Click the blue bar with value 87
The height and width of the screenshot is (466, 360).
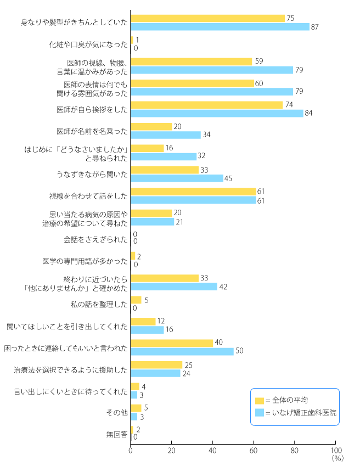220,26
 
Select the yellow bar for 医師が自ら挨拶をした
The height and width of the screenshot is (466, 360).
207,105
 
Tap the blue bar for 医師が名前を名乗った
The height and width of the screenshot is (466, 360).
166,134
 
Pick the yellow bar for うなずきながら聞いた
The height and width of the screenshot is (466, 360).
165,170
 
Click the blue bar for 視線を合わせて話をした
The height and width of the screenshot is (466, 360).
193,200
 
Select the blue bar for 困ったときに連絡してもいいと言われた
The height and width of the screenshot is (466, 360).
182,351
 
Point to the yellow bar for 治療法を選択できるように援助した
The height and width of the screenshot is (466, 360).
156,365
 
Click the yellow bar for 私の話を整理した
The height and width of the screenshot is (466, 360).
136,300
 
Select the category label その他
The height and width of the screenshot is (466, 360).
117,412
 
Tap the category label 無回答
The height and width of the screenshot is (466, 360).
117,434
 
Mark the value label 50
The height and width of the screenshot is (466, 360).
240,351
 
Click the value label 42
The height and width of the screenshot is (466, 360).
223,287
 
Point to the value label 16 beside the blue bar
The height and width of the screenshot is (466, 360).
170,330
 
